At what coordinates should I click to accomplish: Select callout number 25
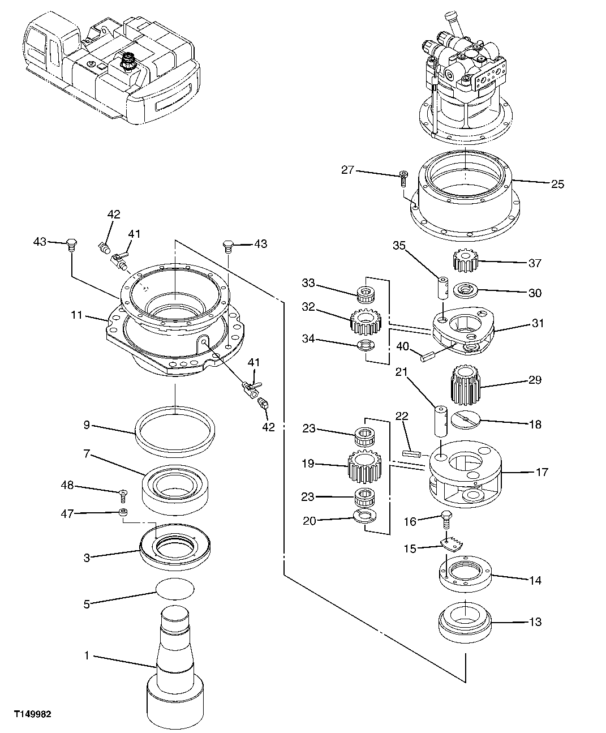[x=557, y=184]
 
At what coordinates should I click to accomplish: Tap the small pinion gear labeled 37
[x=466, y=262]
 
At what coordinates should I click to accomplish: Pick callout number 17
[x=541, y=471]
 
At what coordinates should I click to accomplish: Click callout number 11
[x=77, y=315]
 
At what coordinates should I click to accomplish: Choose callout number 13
[x=535, y=621]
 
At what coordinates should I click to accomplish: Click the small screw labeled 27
[x=403, y=178]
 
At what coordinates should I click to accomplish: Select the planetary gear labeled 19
[x=363, y=465]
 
